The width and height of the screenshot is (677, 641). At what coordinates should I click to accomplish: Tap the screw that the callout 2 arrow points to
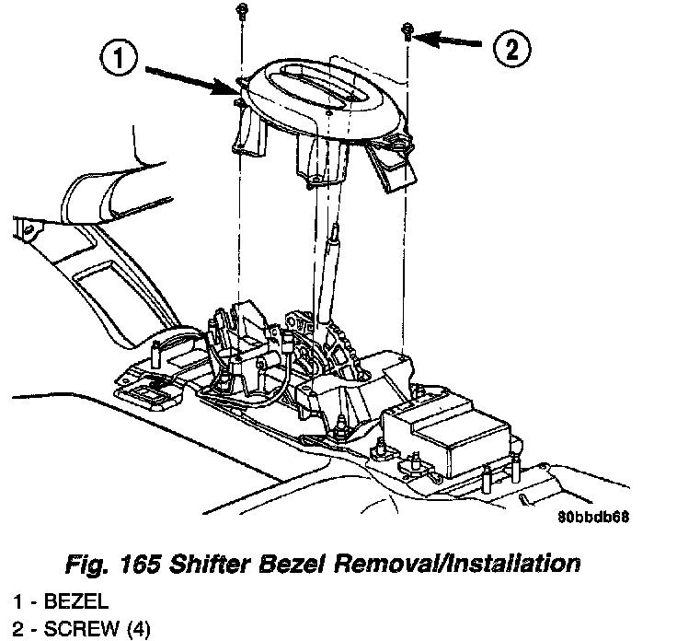tap(406, 34)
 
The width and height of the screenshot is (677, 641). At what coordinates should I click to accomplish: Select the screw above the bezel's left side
tap(242, 12)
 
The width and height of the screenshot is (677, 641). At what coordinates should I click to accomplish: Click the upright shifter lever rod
tap(330, 267)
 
